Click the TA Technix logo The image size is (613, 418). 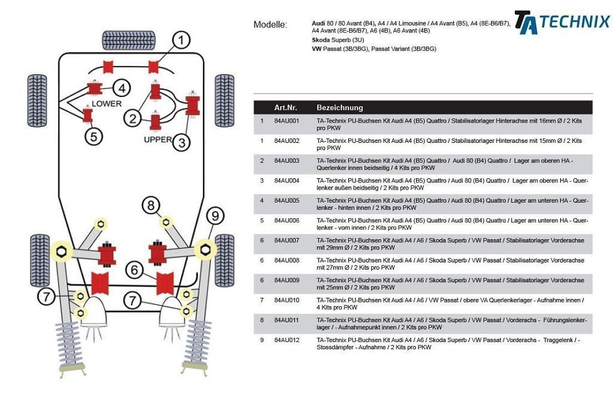[x=562, y=22]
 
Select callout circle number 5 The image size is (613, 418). [x=93, y=136]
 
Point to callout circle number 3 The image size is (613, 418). [x=182, y=142]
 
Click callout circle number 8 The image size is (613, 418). [x=151, y=206]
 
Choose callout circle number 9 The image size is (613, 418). [x=214, y=215]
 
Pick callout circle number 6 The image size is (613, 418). [x=134, y=270]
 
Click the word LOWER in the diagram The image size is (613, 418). [x=107, y=103]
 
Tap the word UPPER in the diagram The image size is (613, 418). [x=158, y=139]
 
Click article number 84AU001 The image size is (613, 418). [x=286, y=121]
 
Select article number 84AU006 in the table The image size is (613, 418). [x=286, y=221]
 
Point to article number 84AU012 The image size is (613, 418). [x=286, y=340]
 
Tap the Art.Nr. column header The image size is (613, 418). [x=286, y=108]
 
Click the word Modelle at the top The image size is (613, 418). [x=270, y=25]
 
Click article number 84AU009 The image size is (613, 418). [x=286, y=280]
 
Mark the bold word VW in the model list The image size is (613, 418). [x=317, y=48]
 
